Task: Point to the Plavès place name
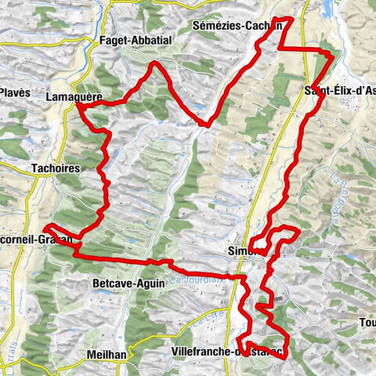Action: (x=15, y=92)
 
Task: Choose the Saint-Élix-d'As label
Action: (x=338, y=92)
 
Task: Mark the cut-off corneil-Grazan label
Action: (x=36, y=240)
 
